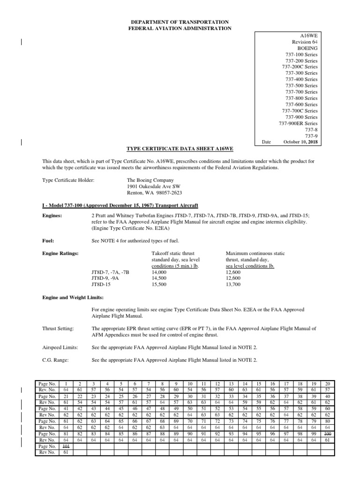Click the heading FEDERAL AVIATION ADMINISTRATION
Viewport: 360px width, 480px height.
pos(180,29)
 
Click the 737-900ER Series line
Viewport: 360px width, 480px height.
pos(298,123)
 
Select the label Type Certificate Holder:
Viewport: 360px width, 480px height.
pos(68,180)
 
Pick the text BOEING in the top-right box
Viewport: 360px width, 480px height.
pos(307,48)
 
